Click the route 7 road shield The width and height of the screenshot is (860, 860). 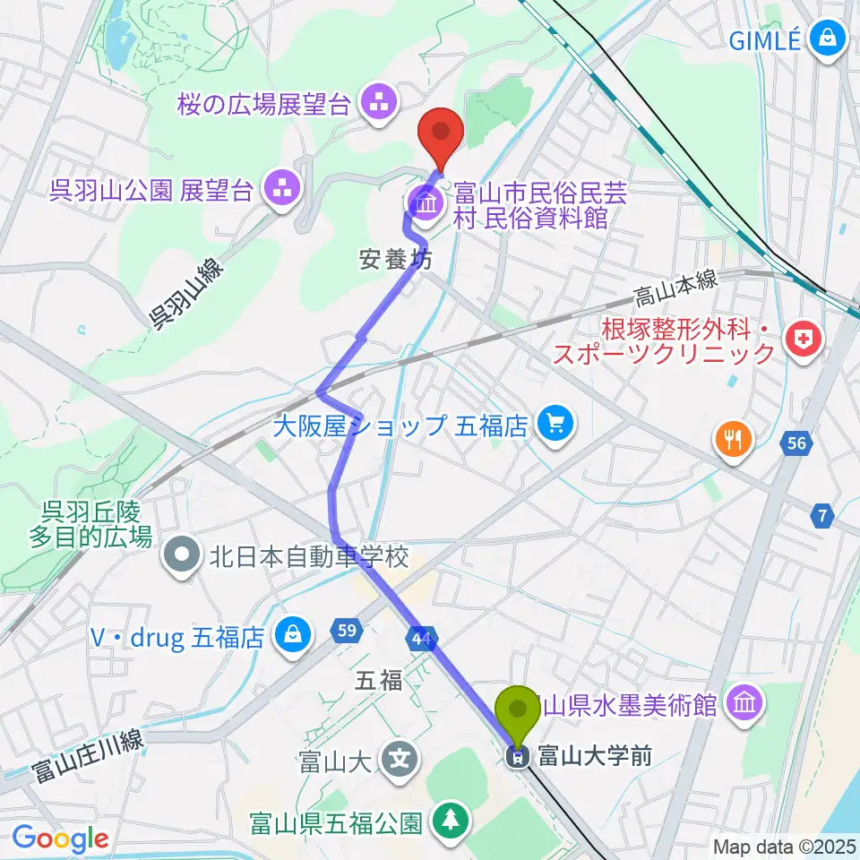(x=822, y=516)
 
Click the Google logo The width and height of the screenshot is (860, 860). (x=60, y=839)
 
